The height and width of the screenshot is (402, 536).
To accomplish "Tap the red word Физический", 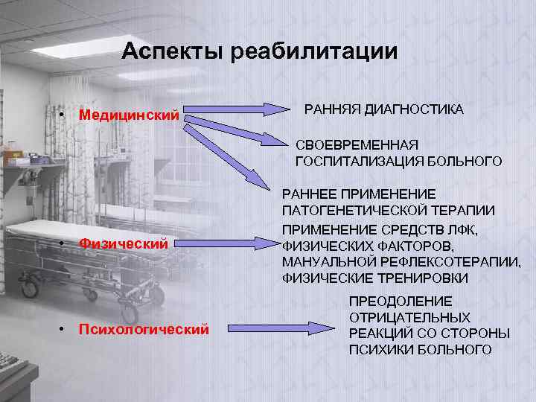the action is (123, 243).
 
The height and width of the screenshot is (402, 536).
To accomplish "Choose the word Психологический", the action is (144, 328).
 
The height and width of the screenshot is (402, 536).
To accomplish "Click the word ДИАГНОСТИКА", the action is (413, 109).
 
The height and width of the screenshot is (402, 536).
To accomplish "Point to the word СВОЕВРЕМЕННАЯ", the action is (357, 144).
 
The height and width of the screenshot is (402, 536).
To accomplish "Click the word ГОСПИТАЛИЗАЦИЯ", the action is (352, 161).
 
